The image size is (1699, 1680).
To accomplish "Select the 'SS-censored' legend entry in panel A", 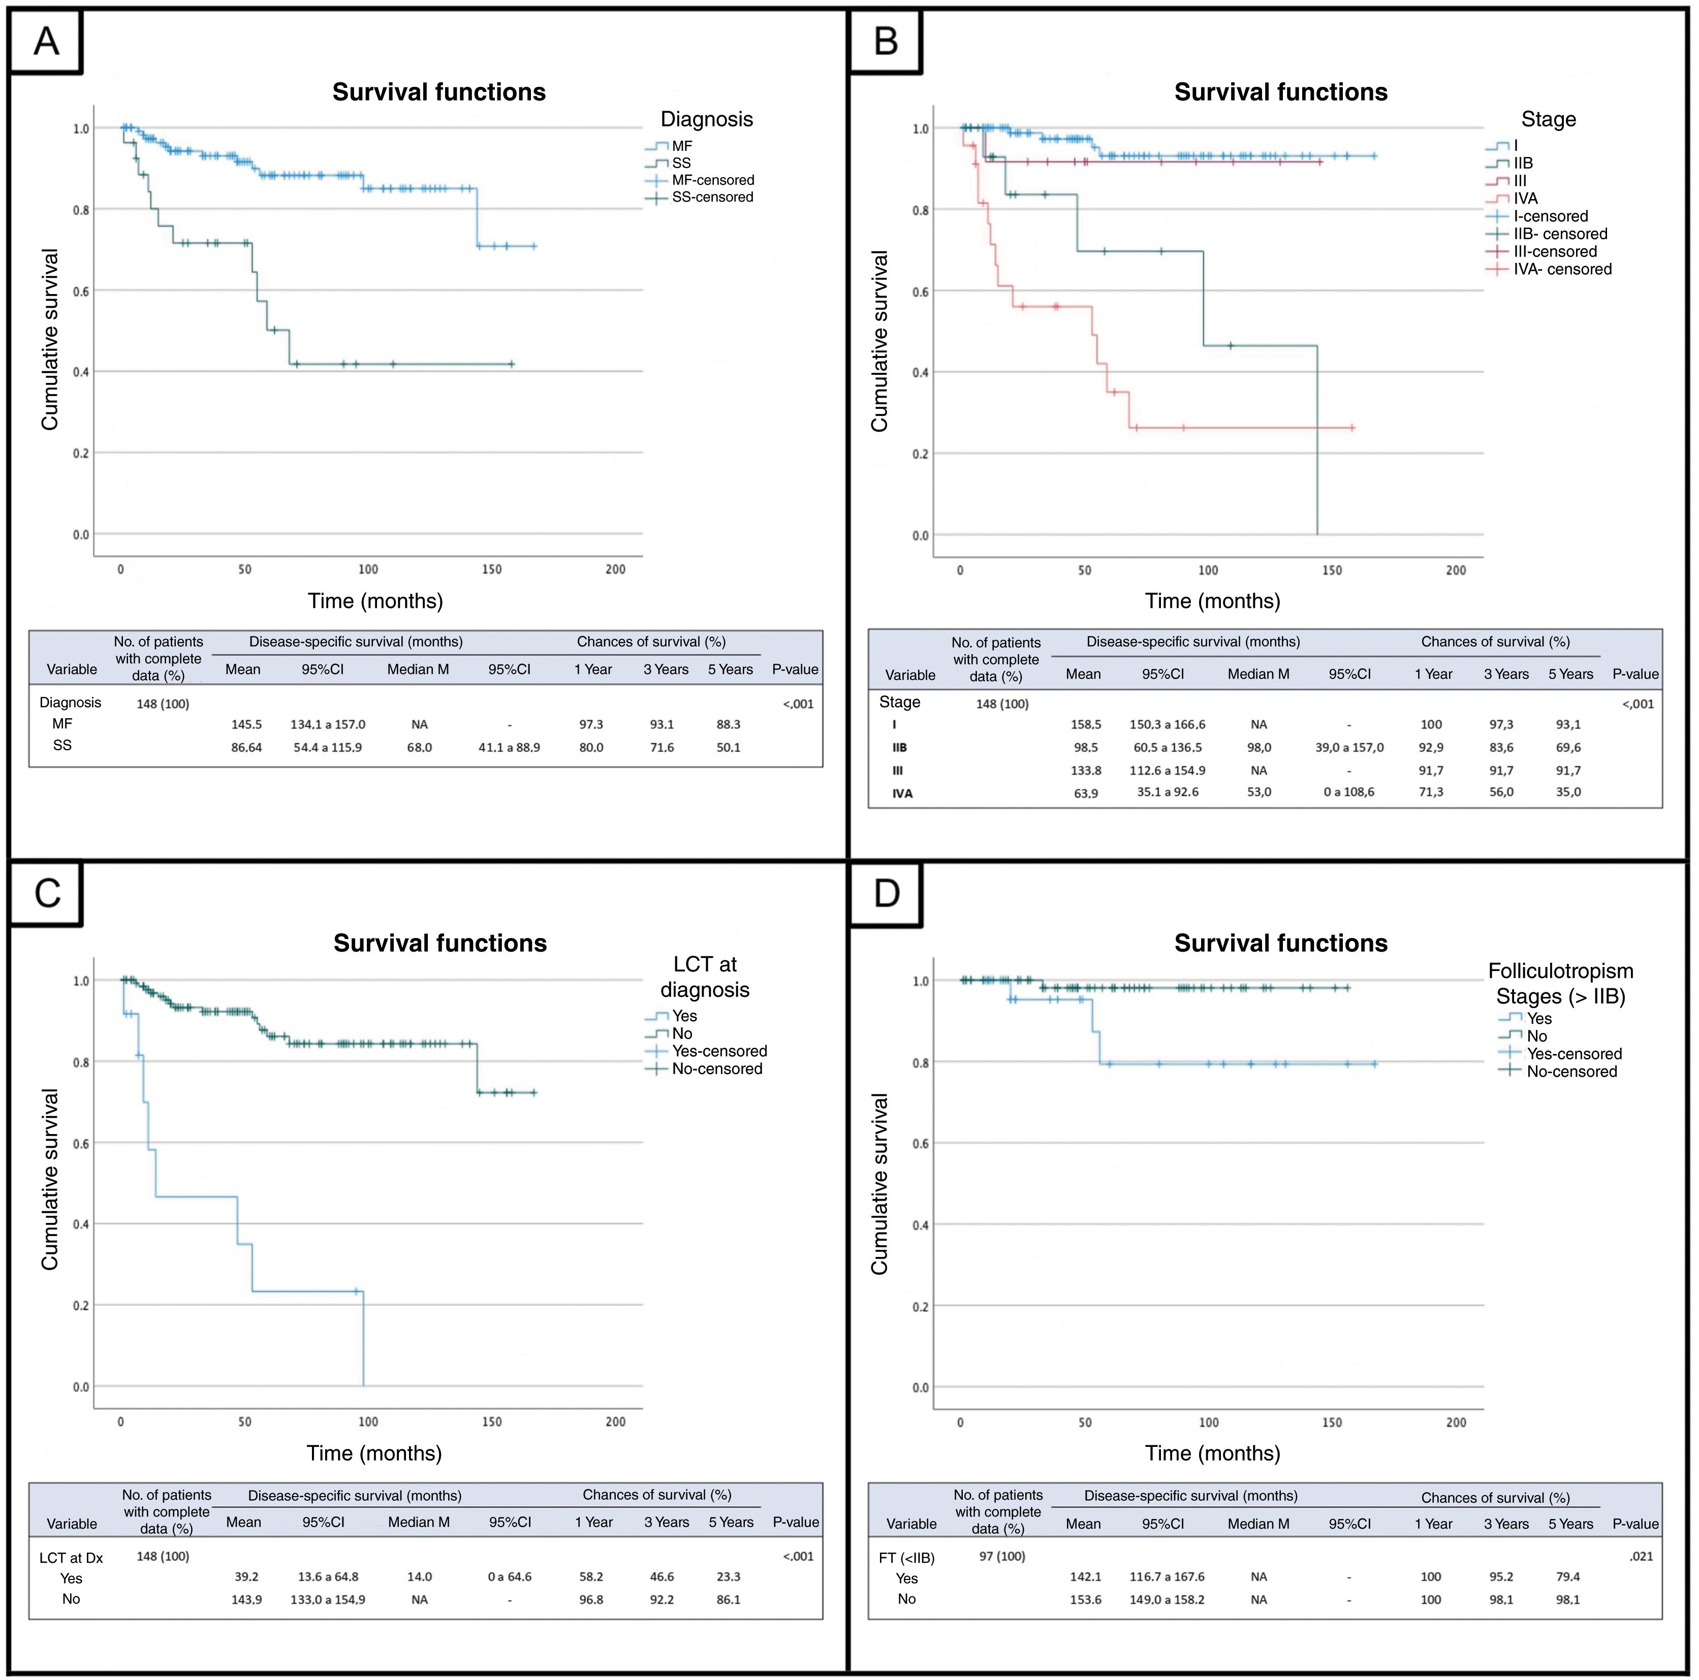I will point(712,197).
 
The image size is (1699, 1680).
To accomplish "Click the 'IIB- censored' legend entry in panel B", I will point(1560,234).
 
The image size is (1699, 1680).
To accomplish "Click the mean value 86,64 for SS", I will point(246,747).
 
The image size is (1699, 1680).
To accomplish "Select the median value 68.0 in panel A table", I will point(420,747).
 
